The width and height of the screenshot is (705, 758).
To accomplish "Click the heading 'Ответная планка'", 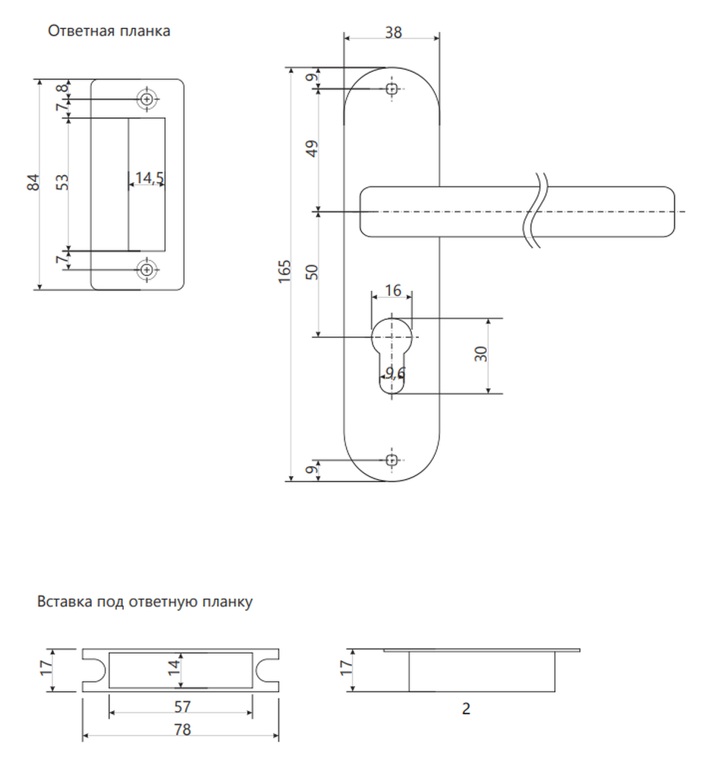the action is pos(109,31).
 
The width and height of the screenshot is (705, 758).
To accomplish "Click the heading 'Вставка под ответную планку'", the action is pos(145,602).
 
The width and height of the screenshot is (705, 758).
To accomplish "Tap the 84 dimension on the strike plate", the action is pos(33,182).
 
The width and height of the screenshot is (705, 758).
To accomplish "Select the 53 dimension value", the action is pos(62,182).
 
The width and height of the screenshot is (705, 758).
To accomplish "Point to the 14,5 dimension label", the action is pos(149,178).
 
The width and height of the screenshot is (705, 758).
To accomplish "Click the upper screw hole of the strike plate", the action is pos(147,99).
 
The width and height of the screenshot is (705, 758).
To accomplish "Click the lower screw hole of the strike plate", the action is pos(147,270).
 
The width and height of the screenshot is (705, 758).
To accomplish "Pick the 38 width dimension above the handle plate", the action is pos(393,33).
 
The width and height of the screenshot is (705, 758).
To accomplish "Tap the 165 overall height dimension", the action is pos(285,271).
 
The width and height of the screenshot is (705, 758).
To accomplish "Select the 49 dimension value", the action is pos(312,149).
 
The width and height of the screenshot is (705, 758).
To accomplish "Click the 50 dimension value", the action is pos(312,272).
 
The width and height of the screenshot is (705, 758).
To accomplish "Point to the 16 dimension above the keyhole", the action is pos(393,290).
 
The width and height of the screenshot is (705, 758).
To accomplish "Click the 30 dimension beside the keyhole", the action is pos(480,354).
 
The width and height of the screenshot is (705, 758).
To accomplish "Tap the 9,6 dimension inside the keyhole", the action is pos(395,373).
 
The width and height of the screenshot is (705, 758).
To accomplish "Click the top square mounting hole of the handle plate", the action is pos(392,89).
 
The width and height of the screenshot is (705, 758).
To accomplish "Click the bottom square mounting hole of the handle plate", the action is pos(392,460).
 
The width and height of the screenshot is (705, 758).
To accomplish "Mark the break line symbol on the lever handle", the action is pos(537,211).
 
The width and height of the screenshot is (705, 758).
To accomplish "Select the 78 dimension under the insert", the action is pos(182,729).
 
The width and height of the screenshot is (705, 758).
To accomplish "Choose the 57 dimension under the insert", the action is pos(182,706).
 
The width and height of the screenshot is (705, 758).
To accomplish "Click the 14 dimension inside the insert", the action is pos(174,668).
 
